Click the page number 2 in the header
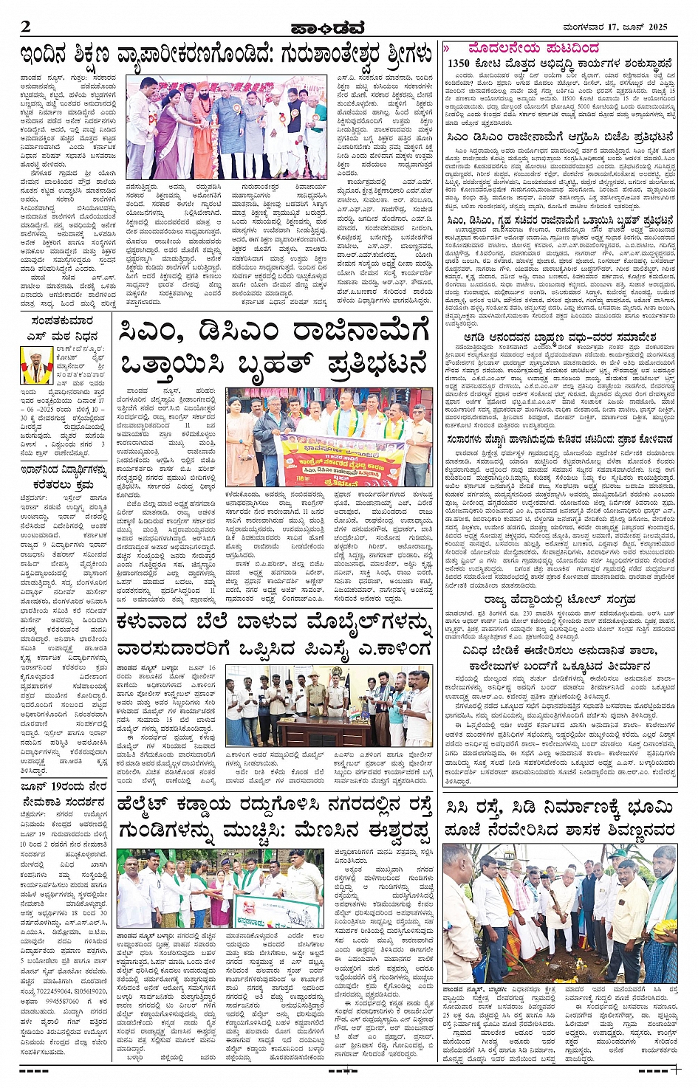point(27,27)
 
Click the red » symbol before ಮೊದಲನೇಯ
point(447,49)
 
